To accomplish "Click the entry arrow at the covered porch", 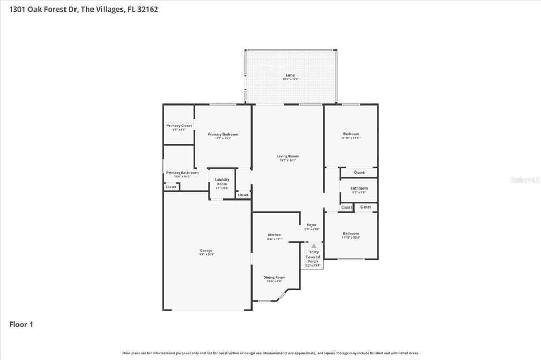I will click(x=314, y=246).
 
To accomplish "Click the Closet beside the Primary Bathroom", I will click(x=171, y=187).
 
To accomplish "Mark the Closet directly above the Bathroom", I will click(x=359, y=173).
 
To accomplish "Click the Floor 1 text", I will click(x=21, y=325).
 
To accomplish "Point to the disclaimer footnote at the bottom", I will click(x=270, y=353).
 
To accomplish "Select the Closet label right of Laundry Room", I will click(x=242, y=195).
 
